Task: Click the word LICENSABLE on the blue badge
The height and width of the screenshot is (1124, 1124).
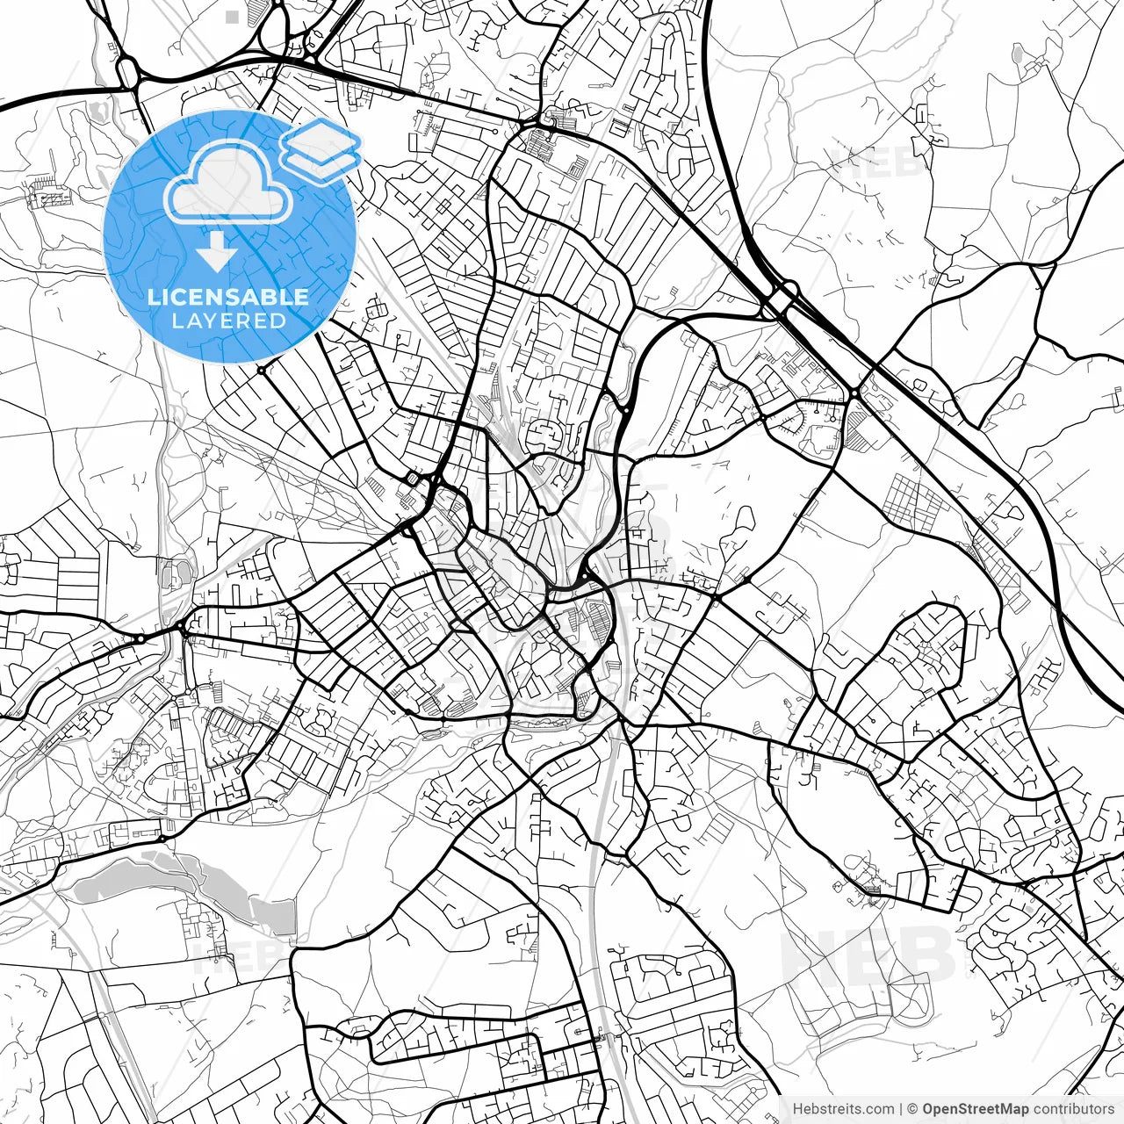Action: point(228,297)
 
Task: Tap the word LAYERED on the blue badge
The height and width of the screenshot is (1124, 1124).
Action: point(228,321)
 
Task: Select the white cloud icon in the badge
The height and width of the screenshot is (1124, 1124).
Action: point(228,184)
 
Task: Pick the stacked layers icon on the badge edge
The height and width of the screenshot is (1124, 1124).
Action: point(321,149)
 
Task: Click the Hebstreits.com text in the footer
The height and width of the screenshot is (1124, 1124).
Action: point(843,1109)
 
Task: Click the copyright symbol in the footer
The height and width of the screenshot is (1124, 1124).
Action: point(912,1109)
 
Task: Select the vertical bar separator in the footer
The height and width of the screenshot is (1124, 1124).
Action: point(901,1109)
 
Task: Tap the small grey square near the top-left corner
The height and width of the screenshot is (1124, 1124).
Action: point(232,16)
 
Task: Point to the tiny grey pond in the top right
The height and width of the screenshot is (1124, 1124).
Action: point(1018,55)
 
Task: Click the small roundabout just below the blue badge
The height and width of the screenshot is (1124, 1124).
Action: point(261,371)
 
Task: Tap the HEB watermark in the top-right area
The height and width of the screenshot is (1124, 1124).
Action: point(878,162)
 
